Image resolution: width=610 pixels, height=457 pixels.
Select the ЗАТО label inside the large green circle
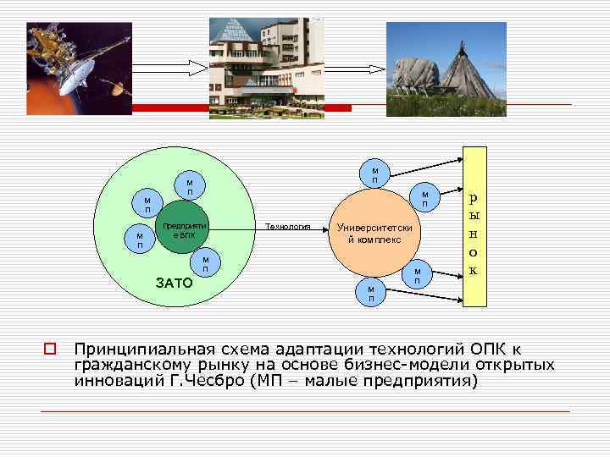(175, 281)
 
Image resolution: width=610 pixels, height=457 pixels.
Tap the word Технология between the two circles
(288, 227)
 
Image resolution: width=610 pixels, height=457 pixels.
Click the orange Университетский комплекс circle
(374, 233)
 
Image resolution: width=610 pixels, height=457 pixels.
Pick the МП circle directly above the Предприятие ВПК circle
(190, 186)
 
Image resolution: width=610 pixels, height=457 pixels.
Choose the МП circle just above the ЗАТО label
(205, 263)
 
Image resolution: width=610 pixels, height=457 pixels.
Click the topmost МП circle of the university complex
(374, 173)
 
